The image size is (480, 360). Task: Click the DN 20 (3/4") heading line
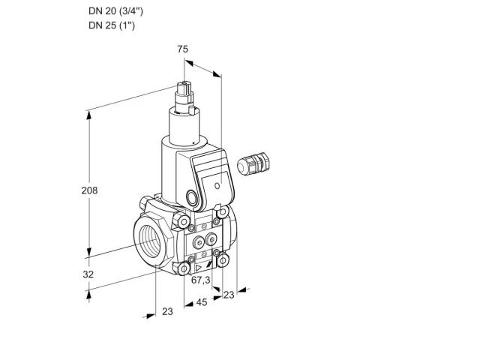[115, 11]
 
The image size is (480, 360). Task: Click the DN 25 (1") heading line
[112, 25]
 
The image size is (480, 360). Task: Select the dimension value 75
[183, 49]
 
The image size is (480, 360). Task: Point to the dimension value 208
[89, 190]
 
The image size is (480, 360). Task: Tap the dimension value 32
[88, 274]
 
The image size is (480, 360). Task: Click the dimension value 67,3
[201, 280]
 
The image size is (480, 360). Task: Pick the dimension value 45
[202, 302]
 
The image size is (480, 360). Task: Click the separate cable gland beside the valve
[253, 163]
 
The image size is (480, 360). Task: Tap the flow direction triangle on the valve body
[198, 268]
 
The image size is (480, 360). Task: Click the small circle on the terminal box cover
[217, 185]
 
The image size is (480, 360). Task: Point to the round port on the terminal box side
[192, 197]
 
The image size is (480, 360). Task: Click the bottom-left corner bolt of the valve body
[183, 268]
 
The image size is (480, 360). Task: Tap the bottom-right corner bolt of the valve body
[223, 260]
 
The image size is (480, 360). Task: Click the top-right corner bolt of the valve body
[223, 211]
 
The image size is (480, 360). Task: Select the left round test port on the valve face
[198, 243]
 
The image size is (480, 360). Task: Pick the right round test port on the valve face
[211, 239]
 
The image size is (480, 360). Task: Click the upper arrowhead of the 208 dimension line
[89, 115]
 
